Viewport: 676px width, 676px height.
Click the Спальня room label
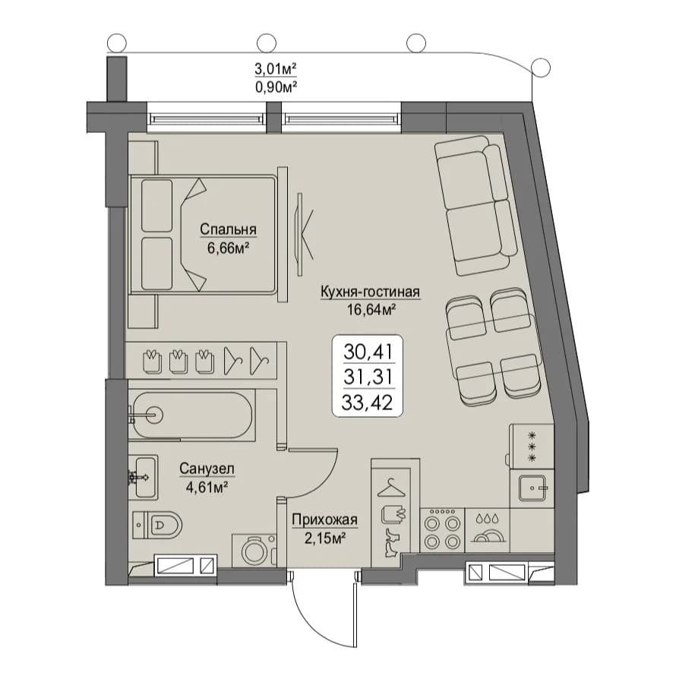pyautogui.click(x=228, y=229)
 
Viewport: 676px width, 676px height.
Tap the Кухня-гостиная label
pyautogui.click(x=370, y=292)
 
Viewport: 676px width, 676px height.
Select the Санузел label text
pyautogui.click(x=207, y=469)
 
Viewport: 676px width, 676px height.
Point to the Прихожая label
pyautogui.click(x=324, y=520)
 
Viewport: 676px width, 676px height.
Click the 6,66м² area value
pyautogui.click(x=229, y=249)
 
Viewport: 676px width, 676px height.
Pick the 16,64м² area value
pyautogui.click(x=371, y=309)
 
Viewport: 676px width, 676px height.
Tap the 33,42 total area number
pyautogui.click(x=368, y=403)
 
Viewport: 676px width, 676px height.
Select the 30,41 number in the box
pyautogui.click(x=368, y=352)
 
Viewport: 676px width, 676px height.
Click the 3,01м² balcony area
pyautogui.click(x=276, y=68)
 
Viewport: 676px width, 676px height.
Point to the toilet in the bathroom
pyautogui.click(x=157, y=525)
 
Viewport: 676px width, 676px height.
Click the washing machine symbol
pyautogui.click(x=254, y=551)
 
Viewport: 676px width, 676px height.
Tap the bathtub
pyautogui.click(x=192, y=415)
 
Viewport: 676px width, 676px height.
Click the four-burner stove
pyautogui.click(x=441, y=530)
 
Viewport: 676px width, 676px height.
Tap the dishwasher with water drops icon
pyautogui.click(x=487, y=530)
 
